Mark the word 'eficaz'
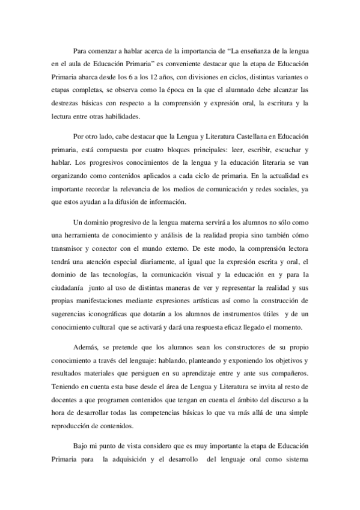(242, 328)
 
